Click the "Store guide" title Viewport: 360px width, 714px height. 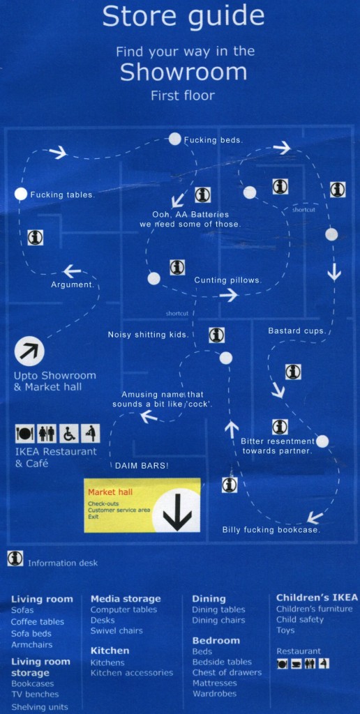coord(183,17)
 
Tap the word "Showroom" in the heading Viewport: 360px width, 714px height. coord(183,72)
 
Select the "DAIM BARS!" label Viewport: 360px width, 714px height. coord(142,466)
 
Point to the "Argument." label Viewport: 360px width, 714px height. coord(73,284)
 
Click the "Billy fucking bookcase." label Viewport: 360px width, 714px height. coord(271,530)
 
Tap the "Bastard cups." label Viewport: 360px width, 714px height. coord(297,331)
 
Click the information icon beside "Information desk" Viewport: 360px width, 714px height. coord(15,559)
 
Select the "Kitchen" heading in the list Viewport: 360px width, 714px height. coord(110,651)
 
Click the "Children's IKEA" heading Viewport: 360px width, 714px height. coord(317,598)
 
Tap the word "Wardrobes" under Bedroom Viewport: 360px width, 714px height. coord(214,694)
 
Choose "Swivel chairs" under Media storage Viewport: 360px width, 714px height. coord(117,630)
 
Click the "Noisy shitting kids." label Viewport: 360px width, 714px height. coord(148,335)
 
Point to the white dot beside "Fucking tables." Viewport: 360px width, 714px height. coord(20,194)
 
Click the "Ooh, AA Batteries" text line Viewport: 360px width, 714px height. coord(190,214)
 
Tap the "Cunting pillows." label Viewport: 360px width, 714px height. coord(228,280)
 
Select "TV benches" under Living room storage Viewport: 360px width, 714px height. coord(35,694)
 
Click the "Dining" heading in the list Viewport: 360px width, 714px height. coord(209,599)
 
